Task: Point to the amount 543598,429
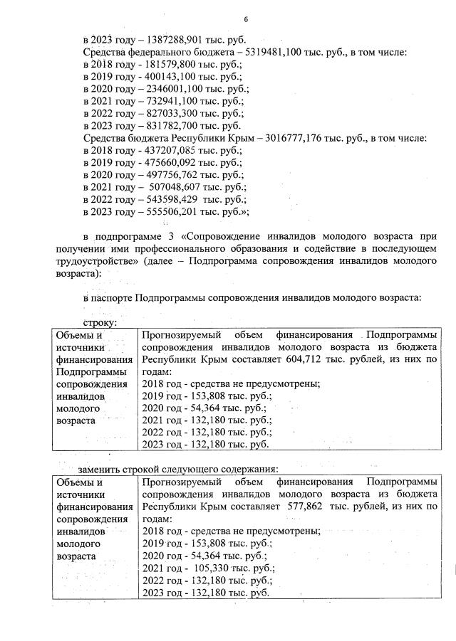(x=167, y=199)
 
